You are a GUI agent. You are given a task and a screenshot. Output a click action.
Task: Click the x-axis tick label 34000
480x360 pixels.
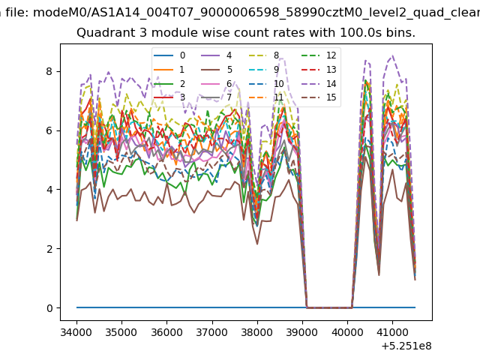pyautogui.click(x=76, y=332)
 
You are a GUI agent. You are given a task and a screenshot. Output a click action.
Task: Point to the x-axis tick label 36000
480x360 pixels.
pyautogui.click(x=166, y=332)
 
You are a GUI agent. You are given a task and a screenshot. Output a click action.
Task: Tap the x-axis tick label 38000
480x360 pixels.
pyautogui.click(x=256, y=332)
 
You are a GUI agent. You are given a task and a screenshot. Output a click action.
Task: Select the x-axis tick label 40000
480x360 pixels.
pyautogui.click(x=347, y=332)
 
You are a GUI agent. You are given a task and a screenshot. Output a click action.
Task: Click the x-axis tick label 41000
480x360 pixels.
pyautogui.click(x=392, y=332)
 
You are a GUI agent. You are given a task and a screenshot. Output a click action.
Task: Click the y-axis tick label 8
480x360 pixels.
pyautogui.click(x=49, y=72)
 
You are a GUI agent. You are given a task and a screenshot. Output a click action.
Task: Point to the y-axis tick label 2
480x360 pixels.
pyautogui.click(x=49, y=249)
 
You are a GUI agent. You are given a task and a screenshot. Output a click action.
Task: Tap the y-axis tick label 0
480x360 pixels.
pyautogui.click(x=49, y=308)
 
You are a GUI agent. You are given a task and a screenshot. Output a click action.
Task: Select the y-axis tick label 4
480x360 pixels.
pyautogui.click(x=49, y=190)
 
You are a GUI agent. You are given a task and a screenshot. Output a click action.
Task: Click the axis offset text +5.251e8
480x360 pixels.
pyautogui.click(x=406, y=346)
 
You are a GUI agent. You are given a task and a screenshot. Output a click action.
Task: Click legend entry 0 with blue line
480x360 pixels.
pyautogui.click(x=169, y=55)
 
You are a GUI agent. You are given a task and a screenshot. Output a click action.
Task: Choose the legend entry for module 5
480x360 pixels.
pyautogui.click(x=217, y=70)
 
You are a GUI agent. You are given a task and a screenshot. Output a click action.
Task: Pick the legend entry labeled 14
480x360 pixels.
pyautogui.click(x=319, y=83)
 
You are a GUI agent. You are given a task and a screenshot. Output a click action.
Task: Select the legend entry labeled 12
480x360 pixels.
pyautogui.click(x=319, y=55)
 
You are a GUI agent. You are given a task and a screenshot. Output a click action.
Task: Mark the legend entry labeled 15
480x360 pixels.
pyautogui.click(x=319, y=97)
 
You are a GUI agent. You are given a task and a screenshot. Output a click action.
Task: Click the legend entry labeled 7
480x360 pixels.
pyautogui.click(x=217, y=97)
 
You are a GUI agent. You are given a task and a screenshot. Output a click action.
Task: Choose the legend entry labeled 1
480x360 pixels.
pyautogui.click(x=169, y=70)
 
